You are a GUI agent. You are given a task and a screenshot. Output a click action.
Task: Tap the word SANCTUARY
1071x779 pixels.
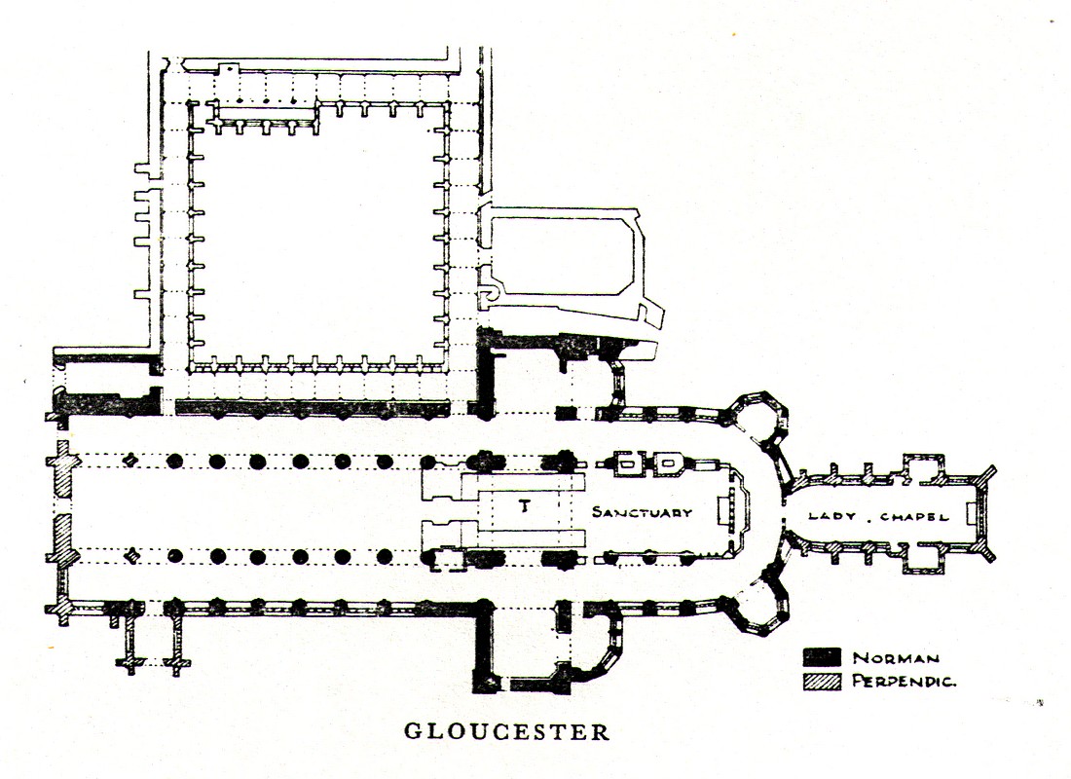click(x=643, y=512)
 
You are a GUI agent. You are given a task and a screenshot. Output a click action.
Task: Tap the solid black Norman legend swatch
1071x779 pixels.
click(x=822, y=657)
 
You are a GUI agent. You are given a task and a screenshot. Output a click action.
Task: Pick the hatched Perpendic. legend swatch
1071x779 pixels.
click(x=822, y=682)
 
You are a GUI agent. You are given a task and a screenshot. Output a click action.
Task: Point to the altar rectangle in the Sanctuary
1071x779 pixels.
click(x=721, y=510)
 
